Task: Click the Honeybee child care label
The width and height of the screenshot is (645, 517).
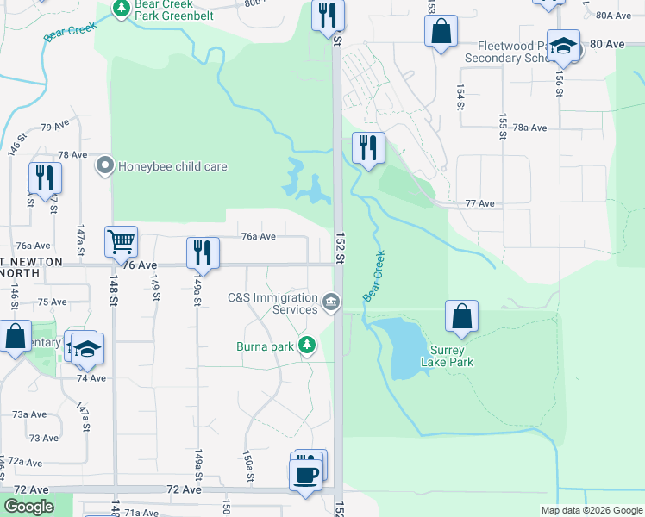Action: [x=172, y=166]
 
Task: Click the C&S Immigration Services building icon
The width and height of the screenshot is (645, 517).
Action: [x=330, y=302]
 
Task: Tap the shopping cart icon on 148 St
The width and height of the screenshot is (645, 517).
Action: [x=121, y=241]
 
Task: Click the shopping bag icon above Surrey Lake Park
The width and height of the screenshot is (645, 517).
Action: [x=462, y=316]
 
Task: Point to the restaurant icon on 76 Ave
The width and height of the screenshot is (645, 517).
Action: [x=202, y=252]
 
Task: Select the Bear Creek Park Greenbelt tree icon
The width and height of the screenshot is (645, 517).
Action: [x=122, y=9]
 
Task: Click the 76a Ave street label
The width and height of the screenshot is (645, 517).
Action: [x=258, y=235]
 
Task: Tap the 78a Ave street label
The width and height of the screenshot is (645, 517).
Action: [x=529, y=128]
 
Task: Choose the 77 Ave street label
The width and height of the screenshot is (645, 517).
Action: [x=479, y=203]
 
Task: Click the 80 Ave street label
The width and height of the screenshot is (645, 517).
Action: [x=607, y=43]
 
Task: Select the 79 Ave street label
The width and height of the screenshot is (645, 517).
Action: [x=54, y=126]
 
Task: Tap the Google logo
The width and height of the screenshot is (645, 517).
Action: [x=28, y=507]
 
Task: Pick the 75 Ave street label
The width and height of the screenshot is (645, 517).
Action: [x=52, y=302]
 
